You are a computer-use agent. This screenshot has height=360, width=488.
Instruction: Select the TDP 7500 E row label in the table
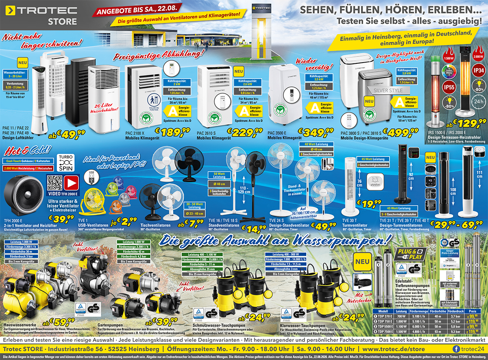384,332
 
